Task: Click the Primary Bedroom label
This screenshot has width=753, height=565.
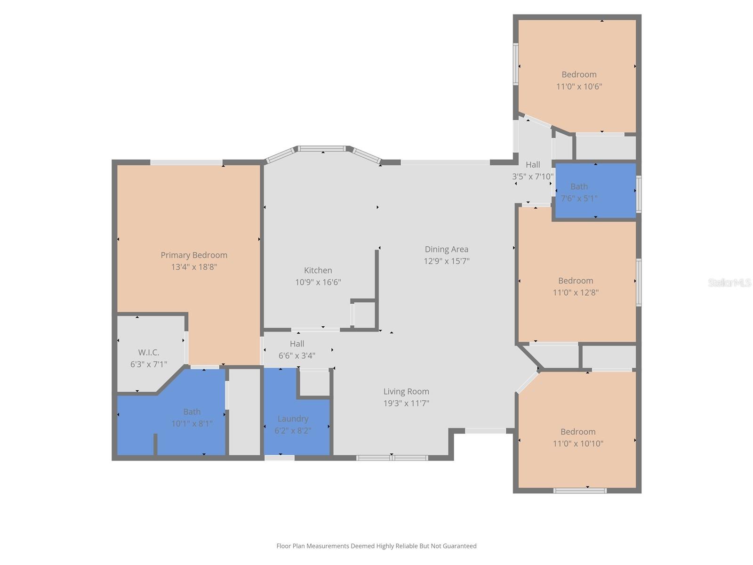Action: (x=194, y=255)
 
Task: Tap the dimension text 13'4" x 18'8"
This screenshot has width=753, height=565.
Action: (x=194, y=267)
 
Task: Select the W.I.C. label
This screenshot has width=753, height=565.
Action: (x=149, y=352)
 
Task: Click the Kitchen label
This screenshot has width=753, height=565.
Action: (x=318, y=270)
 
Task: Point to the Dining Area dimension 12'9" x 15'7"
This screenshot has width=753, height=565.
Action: (x=446, y=261)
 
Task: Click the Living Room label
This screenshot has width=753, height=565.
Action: (x=406, y=391)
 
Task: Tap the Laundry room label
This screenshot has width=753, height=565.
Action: (x=293, y=419)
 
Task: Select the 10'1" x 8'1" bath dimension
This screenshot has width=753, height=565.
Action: (x=192, y=424)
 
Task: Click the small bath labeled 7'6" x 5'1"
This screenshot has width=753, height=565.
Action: (x=579, y=192)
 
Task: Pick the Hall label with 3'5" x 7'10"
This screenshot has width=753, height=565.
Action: (x=533, y=164)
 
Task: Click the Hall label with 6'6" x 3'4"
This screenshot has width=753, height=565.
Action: (x=297, y=344)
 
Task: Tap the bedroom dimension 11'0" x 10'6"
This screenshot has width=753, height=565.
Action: (x=579, y=87)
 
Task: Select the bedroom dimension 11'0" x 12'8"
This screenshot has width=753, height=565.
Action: (x=576, y=292)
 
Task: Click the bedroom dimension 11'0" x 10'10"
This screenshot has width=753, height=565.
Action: (x=578, y=444)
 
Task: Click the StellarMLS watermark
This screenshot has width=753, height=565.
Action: (x=729, y=282)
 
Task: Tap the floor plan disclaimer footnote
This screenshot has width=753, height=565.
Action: (x=376, y=546)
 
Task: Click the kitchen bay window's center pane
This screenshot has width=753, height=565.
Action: (x=322, y=149)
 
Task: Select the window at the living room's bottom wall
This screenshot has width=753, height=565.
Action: (x=392, y=458)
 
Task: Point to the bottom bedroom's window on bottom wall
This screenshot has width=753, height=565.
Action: (x=580, y=491)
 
